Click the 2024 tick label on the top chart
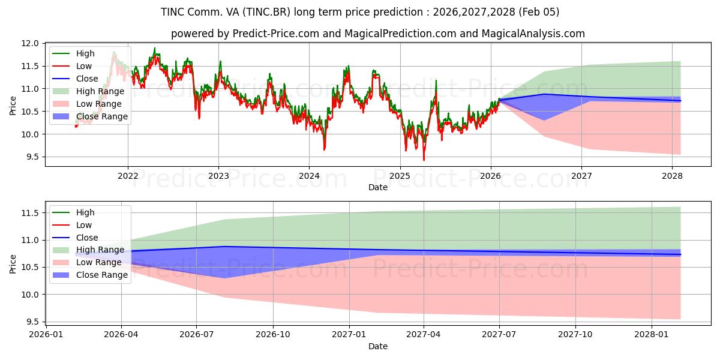pyautogui.click(x=309, y=176)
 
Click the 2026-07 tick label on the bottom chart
pyautogui.click(x=197, y=334)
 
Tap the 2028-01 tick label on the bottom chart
pyautogui.click(x=652, y=334)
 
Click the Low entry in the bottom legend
pyautogui.click(x=84, y=225)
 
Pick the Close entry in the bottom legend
pyautogui.click(x=88, y=238)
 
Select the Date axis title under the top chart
pyautogui.click(x=378, y=187)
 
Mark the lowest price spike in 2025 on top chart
pyautogui.click(x=424, y=160)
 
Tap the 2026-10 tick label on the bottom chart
pyautogui.click(x=273, y=334)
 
